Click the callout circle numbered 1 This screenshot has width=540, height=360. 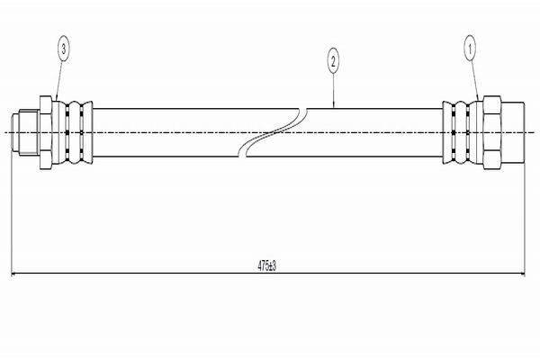pyautogui.click(x=470, y=49)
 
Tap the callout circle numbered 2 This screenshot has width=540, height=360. pyautogui.click(x=333, y=62)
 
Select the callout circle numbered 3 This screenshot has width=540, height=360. pyautogui.click(x=63, y=49)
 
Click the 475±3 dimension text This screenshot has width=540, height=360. pyautogui.click(x=267, y=265)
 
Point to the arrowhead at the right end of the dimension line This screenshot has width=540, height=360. pyautogui.click(x=521, y=274)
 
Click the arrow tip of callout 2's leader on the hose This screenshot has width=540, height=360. pyautogui.click(x=333, y=108)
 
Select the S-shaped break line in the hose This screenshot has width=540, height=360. pyautogui.click(x=273, y=132)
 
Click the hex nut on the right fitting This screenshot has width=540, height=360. pyautogui.click(x=492, y=132)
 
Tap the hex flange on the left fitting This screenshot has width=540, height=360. pyautogui.click(x=46, y=132)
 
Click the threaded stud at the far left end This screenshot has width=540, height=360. pyautogui.click(x=25, y=132)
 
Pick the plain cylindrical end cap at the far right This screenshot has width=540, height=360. pyautogui.click(x=513, y=132)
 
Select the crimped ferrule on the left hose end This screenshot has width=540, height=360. pyautogui.click(x=72, y=132)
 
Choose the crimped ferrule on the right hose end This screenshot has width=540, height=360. pyautogui.click(x=463, y=132)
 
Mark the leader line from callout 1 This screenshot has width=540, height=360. pyautogui.click(x=474, y=81)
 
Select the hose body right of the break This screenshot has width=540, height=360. pyautogui.click(x=345, y=132)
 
